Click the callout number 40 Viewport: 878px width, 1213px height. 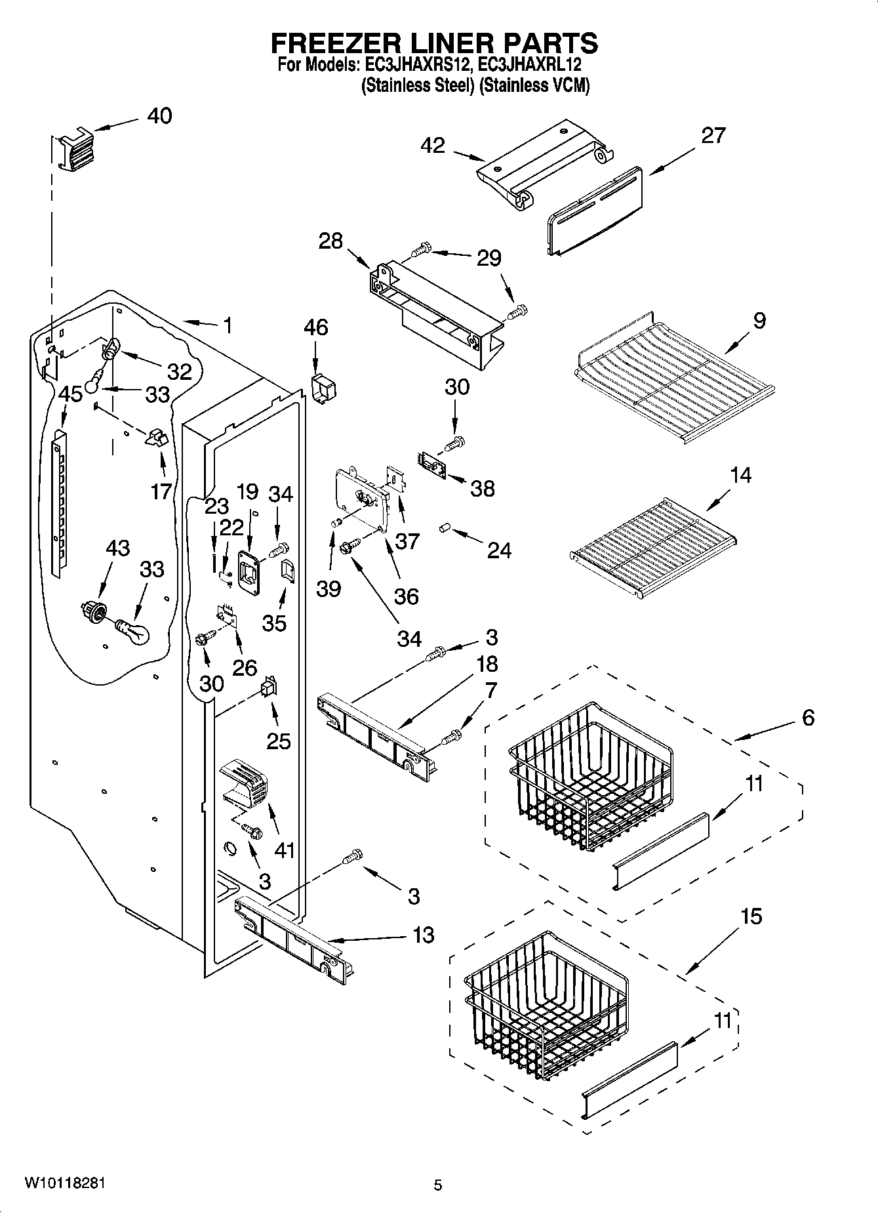click(x=159, y=116)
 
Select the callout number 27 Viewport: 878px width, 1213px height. click(x=713, y=136)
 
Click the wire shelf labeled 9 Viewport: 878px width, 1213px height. click(x=675, y=380)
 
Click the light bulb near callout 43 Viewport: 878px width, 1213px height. click(x=132, y=632)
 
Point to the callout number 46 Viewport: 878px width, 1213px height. click(x=316, y=327)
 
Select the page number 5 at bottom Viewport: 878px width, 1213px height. click(x=437, y=1185)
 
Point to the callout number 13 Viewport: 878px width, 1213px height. click(x=424, y=935)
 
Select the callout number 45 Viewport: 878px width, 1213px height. click(x=70, y=394)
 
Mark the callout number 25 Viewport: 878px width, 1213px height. click(x=278, y=741)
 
